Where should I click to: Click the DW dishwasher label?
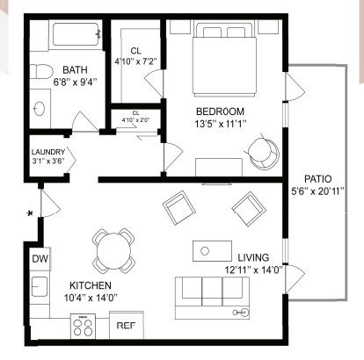(x=40, y=259)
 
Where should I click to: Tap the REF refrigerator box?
(x=127, y=325)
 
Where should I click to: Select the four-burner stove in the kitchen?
(x=83, y=327)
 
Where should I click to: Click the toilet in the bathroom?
(x=41, y=71)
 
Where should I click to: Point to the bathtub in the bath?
(x=76, y=34)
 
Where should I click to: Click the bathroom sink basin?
(x=40, y=109)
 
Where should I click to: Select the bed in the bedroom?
(x=224, y=60)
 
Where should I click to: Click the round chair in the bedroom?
(x=263, y=153)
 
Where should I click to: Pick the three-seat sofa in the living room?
(x=212, y=298)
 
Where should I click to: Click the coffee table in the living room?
(x=212, y=251)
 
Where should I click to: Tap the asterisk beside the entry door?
(x=30, y=213)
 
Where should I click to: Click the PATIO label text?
(x=318, y=178)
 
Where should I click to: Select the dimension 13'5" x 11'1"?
(x=220, y=124)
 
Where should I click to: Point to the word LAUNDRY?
(x=48, y=152)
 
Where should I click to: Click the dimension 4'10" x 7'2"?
(x=135, y=61)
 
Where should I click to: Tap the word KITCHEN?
(x=91, y=285)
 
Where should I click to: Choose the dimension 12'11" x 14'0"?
(x=253, y=270)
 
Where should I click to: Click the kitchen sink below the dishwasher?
(x=40, y=286)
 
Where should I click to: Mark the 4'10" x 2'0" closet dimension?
(x=135, y=119)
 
